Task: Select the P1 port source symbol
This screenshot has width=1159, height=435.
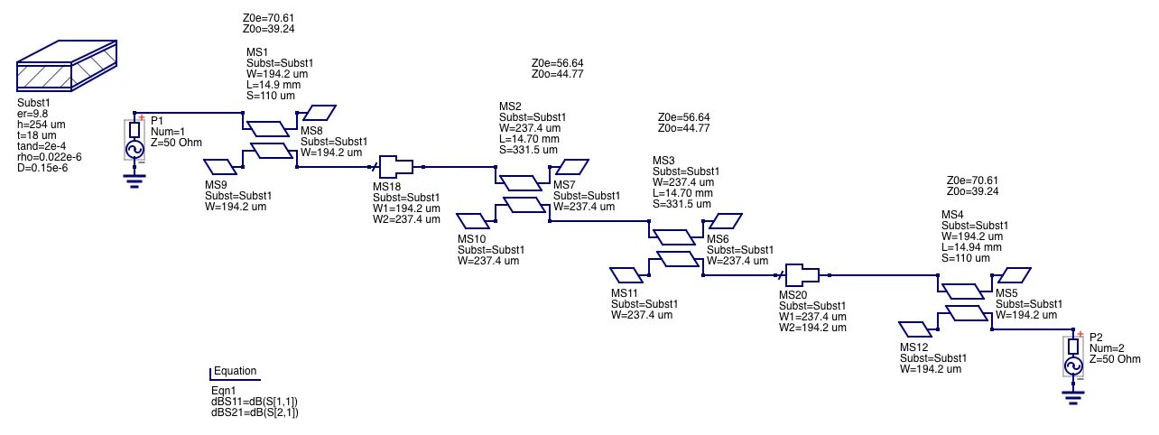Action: tap(134, 141)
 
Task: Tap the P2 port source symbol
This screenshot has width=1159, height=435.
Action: tap(1073, 357)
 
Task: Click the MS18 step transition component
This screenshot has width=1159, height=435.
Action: tap(396, 167)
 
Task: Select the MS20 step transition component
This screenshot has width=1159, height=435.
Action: tap(802, 275)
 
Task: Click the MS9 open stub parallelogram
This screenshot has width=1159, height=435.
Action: tap(221, 166)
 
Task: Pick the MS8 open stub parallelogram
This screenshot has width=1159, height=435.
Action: tap(318, 113)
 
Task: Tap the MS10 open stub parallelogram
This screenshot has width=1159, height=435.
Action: tap(474, 220)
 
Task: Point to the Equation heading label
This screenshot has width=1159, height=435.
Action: tap(235, 371)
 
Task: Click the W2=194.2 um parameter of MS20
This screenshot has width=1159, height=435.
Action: tap(812, 329)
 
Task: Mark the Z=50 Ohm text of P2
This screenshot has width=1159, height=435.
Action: tap(1109, 359)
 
